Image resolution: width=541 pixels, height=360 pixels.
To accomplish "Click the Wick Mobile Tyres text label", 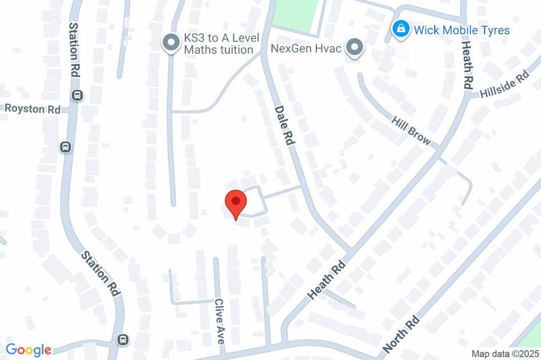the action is (461, 30).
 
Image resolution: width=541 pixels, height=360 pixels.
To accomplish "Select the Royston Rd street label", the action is (32, 109).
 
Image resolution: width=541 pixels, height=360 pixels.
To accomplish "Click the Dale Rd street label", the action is (284, 125).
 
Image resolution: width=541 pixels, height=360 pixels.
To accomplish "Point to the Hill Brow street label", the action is (411, 131).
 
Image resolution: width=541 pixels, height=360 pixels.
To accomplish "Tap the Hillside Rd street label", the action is (504, 84).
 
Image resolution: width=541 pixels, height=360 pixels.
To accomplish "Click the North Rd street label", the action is (402, 335).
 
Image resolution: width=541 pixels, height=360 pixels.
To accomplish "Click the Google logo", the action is (29, 350).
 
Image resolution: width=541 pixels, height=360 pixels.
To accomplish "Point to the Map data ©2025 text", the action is (505, 353).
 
